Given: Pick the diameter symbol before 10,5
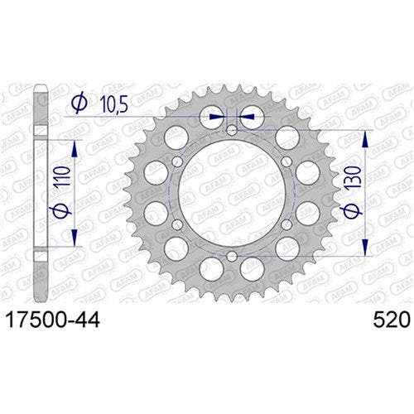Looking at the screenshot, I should click(x=79, y=103).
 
